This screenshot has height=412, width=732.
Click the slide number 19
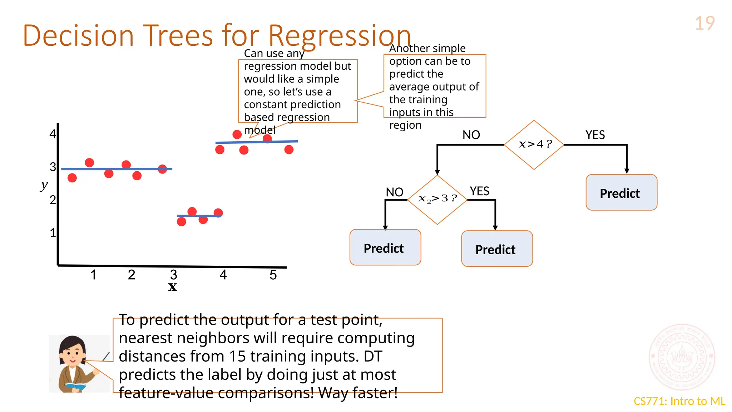pyautogui.click(x=704, y=24)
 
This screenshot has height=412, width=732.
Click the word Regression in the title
pyautogui.click(x=339, y=36)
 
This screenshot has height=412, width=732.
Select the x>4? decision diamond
pyautogui.click(x=534, y=144)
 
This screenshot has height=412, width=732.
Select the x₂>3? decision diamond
pyautogui.click(x=437, y=199)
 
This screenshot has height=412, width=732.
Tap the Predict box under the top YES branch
pyautogui.click(x=621, y=193)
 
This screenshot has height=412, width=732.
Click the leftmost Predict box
pyautogui.click(x=385, y=247)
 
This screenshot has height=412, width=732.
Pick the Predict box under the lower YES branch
pyautogui.click(x=496, y=249)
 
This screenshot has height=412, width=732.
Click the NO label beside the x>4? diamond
pyautogui.click(x=471, y=135)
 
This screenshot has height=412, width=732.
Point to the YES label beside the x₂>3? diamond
pyautogui.click(x=479, y=191)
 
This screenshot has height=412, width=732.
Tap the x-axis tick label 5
pyautogui.click(x=273, y=275)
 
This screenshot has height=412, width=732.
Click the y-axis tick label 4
pyautogui.click(x=53, y=134)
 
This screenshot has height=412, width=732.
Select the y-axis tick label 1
pyautogui.click(x=53, y=233)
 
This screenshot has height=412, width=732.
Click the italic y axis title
pyautogui.click(x=44, y=185)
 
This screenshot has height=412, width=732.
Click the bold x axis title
pyautogui.click(x=173, y=287)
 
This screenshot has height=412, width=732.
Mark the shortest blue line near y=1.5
pyautogui.click(x=199, y=216)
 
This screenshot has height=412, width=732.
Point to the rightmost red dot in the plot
pyautogui.click(x=289, y=149)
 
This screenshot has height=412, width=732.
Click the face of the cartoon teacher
pyautogui.click(x=73, y=353)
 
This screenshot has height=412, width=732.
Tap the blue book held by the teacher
pyautogui.click(x=75, y=386)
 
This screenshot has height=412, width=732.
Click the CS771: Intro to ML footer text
pyautogui.click(x=679, y=401)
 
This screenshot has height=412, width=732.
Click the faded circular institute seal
pyautogui.click(x=682, y=357)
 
